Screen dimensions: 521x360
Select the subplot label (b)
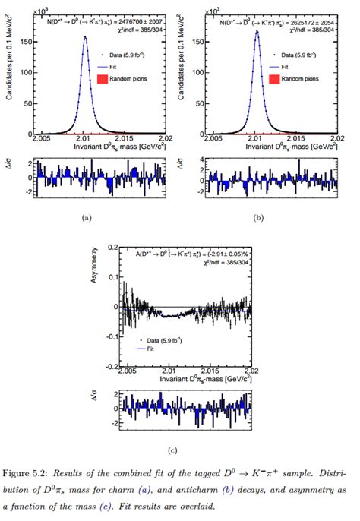tap(258, 217)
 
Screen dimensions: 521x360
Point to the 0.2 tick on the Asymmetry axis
tap(112, 248)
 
